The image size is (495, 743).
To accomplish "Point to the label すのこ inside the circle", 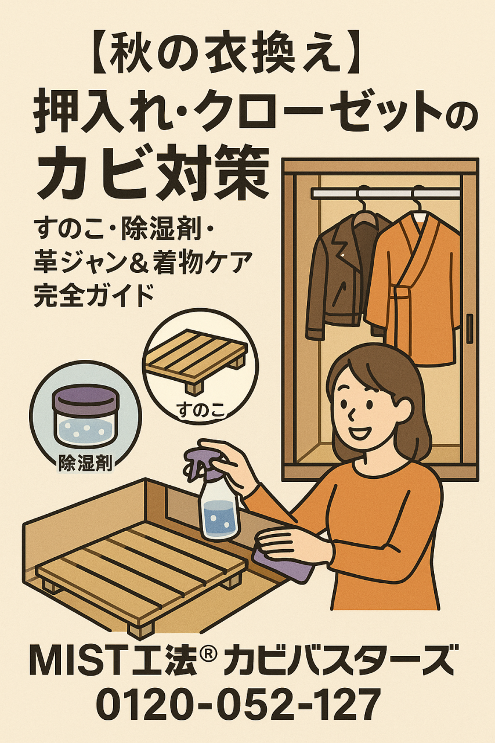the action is pos(200,410).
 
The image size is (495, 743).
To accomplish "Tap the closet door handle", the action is pos(469,331).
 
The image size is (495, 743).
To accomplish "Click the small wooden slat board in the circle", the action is pos(196,363).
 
